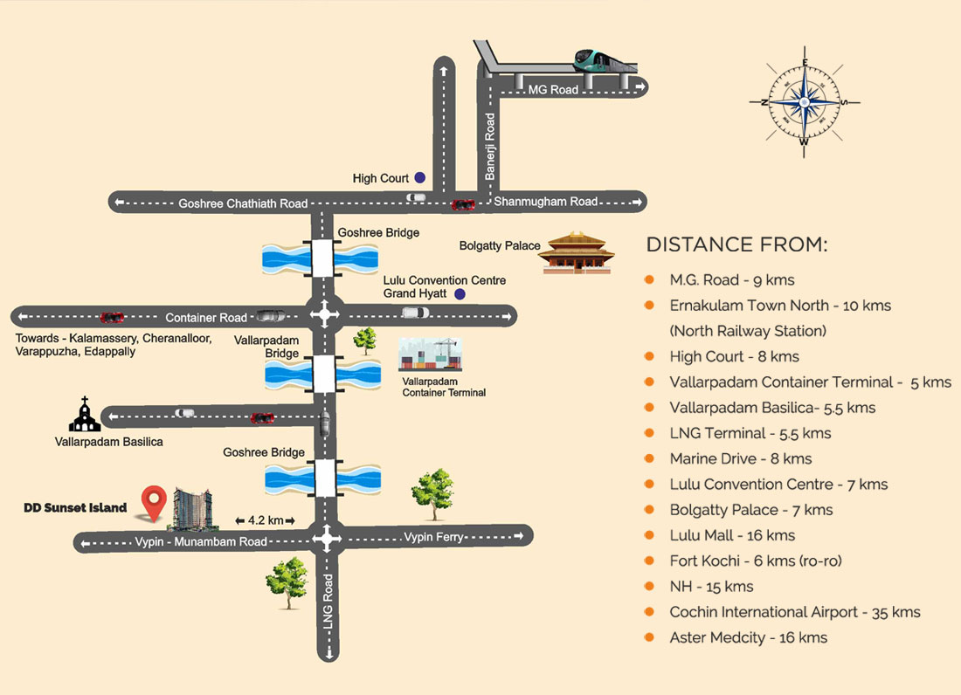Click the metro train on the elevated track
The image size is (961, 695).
pos(605,60)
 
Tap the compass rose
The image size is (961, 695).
pos(805,102)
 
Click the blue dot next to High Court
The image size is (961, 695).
pos(420,177)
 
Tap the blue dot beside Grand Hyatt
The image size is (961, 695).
pos(459,294)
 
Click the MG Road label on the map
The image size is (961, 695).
pos(553,89)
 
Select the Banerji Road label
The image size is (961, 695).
pos(490,147)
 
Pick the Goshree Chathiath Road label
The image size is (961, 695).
pos(243,203)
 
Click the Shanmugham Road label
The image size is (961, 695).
pos(546,202)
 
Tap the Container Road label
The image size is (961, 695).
pos(206,318)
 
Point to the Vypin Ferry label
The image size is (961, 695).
pos(433,537)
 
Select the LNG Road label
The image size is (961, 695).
pos(328,603)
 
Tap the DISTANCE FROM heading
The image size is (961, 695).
pos(736,244)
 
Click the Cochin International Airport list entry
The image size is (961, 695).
pos(795,612)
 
